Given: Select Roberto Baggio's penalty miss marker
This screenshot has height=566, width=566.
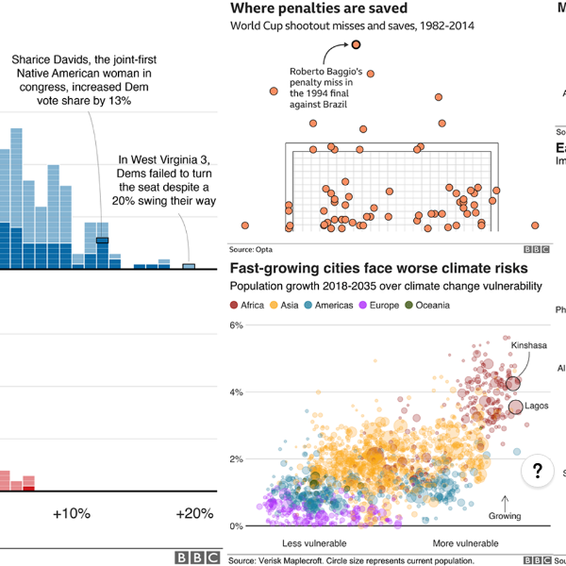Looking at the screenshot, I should tap(369, 44).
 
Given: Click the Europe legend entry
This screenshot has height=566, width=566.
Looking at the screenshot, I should tap(380, 306).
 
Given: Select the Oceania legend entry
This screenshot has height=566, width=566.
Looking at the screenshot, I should tap(428, 306).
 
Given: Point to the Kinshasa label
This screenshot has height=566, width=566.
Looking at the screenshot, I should tap(528, 345).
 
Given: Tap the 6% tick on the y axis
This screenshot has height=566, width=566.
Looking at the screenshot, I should tap(237, 325).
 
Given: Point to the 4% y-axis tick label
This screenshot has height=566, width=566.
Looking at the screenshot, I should tap(237, 392).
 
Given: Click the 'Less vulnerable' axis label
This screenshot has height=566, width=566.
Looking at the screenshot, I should tap(314, 544).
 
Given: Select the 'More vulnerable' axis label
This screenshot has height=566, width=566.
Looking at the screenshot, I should tap(465, 544).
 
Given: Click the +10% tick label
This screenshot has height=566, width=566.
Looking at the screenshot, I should tap(71, 514).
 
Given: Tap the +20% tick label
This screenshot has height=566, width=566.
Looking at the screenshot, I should tap(194, 514).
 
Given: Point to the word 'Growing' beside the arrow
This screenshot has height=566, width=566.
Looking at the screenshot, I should tap(505, 516).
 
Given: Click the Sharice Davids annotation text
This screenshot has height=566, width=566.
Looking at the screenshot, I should tap(85, 79).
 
